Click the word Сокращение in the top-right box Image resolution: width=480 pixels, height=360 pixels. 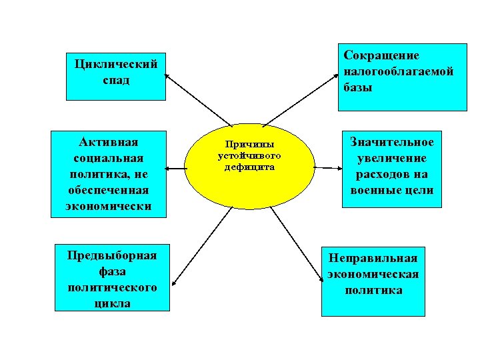click(381, 55)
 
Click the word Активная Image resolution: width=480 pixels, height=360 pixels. click(108, 143)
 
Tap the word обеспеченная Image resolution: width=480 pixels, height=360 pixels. click(108, 191)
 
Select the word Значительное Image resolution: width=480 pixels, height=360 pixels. click(392, 142)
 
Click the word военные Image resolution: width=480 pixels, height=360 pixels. click(375, 190)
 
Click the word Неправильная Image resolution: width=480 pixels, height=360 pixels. click(373, 258)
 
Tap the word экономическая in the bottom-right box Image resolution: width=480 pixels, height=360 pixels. click(373, 274)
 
